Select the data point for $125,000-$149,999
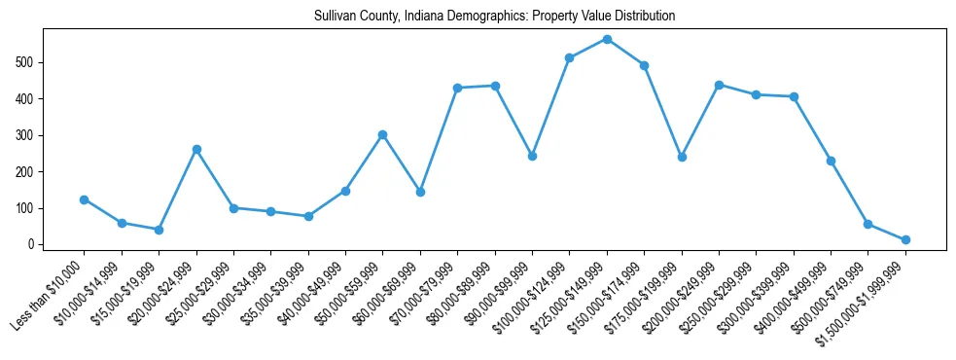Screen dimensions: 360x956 tap(607, 39)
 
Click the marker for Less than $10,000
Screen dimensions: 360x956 tap(85, 199)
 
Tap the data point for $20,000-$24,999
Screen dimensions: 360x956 tap(196, 149)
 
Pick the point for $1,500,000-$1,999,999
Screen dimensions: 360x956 tap(905, 239)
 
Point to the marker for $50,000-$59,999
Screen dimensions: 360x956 tap(383, 134)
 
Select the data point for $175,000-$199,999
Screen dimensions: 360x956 tap(682, 157)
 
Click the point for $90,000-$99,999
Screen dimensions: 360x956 tap(532, 156)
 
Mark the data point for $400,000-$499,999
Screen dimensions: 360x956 tap(831, 161)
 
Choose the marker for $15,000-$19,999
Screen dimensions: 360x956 tap(159, 230)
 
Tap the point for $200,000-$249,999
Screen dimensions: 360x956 tap(719, 85)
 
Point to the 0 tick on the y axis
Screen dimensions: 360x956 tap(34, 244)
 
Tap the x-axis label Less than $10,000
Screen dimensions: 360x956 tap(49, 295)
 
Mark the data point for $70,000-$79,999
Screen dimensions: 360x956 tap(457, 88)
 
